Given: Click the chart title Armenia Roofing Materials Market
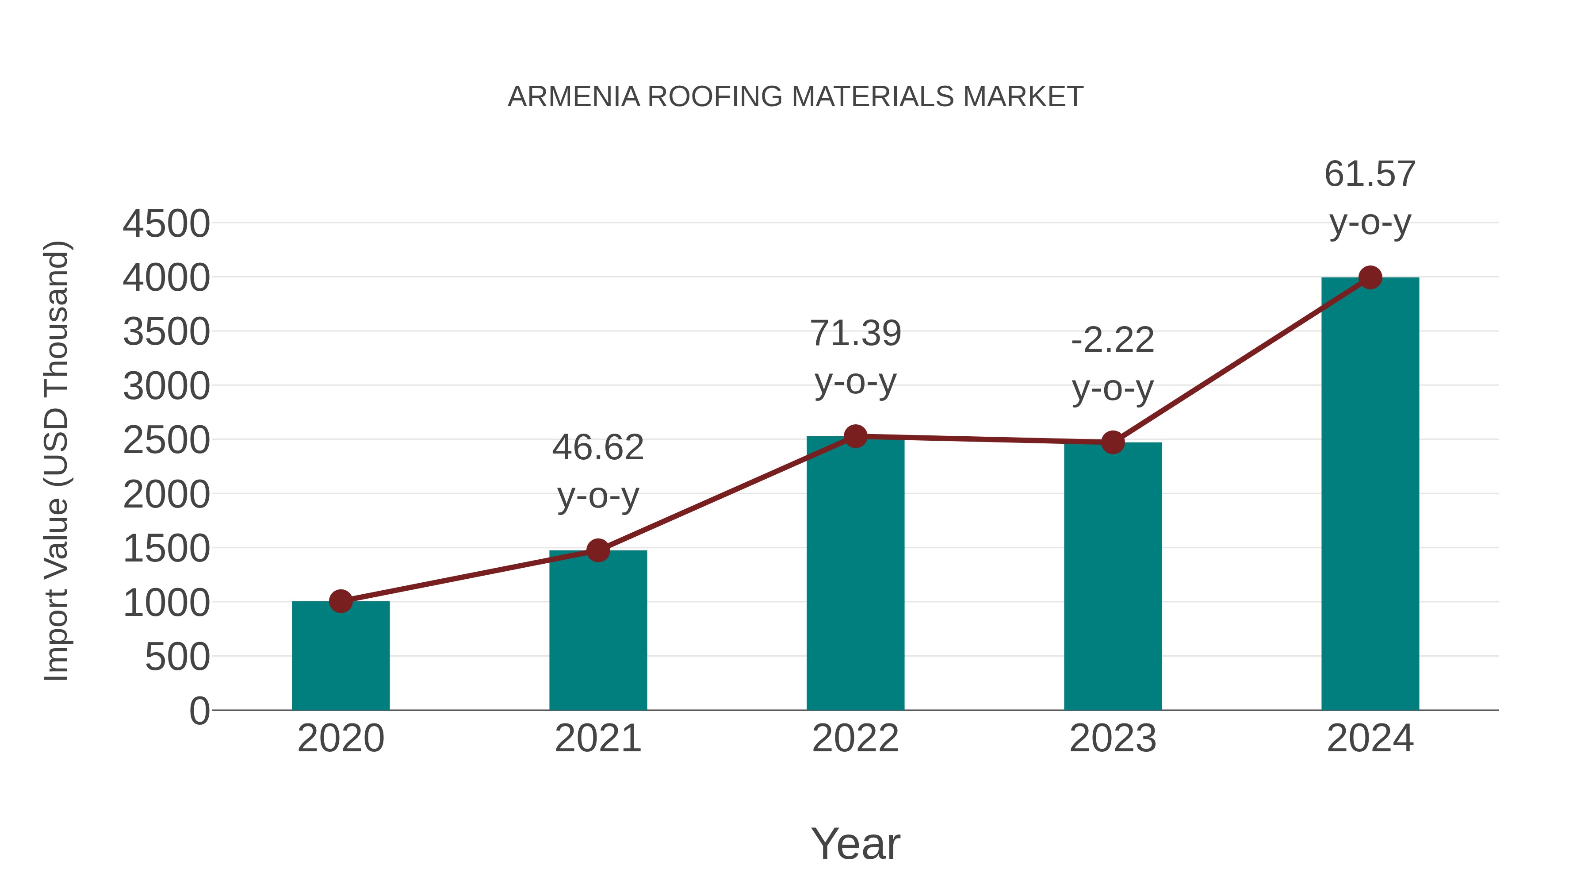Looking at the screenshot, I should [x=796, y=97].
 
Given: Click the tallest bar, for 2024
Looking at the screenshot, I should [x=1370, y=495].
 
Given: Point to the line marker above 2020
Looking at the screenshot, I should [x=341, y=601].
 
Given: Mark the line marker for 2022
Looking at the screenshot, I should [x=855, y=436].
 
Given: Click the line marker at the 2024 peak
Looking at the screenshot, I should [x=1370, y=277].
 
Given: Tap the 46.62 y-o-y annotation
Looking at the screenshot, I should [x=597, y=471].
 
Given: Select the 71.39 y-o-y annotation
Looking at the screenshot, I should [x=855, y=358].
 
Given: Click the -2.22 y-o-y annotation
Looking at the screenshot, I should [x=1113, y=364].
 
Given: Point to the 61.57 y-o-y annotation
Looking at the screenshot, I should [x=1370, y=198].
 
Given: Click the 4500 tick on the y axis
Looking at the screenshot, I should [x=166, y=224].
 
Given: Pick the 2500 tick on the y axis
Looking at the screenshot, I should [x=166, y=441].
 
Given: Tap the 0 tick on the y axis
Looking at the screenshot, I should [x=199, y=711].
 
